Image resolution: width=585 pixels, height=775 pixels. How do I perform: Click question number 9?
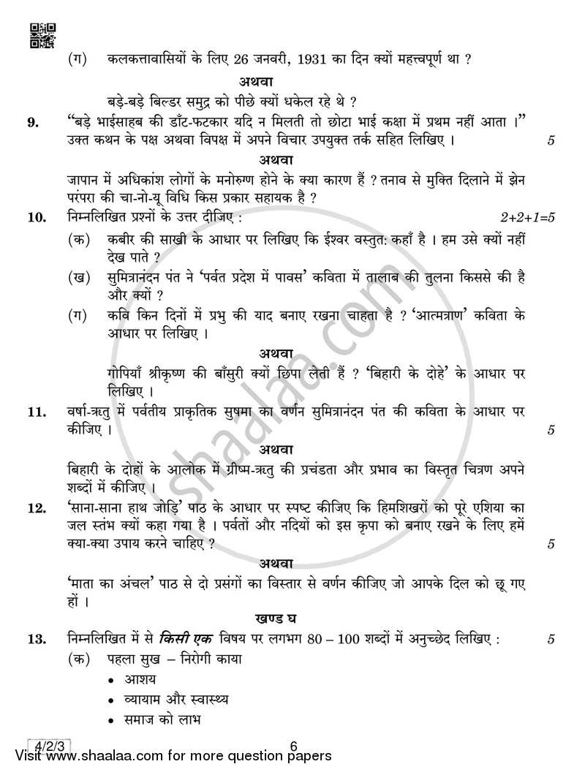(33, 123)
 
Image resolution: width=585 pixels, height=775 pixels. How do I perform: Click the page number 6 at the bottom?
(292, 746)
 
